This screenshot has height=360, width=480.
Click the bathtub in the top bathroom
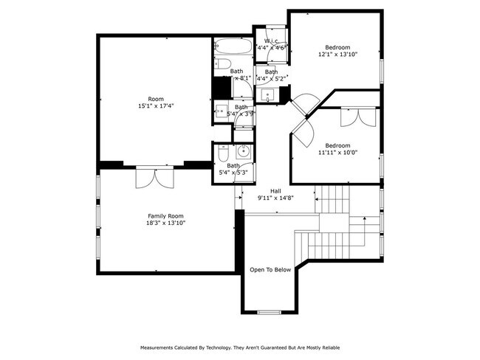[x=224, y=47]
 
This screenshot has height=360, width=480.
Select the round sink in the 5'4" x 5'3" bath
[x=244, y=153]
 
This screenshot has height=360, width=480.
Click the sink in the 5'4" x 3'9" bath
[x=222, y=111]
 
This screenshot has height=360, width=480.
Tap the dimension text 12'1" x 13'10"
[x=337, y=54]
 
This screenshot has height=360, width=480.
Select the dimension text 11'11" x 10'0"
[x=337, y=153]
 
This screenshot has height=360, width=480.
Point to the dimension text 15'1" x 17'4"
[x=155, y=105]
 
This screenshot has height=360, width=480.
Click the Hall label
[x=275, y=190]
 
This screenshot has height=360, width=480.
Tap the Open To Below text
[x=271, y=269]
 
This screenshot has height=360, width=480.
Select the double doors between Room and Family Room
[x=155, y=177]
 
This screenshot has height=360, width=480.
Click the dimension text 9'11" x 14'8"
[x=275, y=198]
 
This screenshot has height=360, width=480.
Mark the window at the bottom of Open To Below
[x=269, y=312]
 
